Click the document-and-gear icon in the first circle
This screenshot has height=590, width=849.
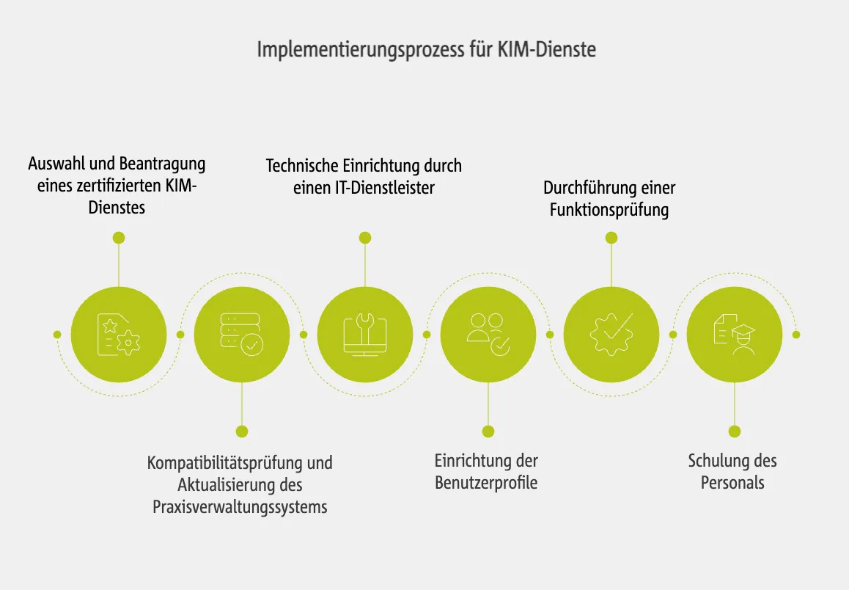(x=119, y=335)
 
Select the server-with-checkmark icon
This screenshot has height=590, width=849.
(x=242, y=335)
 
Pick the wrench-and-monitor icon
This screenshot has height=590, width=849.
(x=365, y=335)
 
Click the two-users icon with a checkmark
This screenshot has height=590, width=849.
(x=488, y=335)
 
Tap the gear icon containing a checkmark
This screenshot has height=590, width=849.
(x=611, y=335)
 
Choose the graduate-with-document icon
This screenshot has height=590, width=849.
(x=735, y=335)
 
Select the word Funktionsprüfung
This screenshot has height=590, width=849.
(x=609, y=210)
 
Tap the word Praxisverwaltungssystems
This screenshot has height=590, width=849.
(x=240, y=507)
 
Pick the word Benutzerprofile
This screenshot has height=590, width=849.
(x=486, y=483)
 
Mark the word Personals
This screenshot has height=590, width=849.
(x=732, y=483)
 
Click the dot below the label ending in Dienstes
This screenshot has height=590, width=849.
(x=119, y=238)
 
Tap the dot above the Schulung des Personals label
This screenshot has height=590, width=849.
(x=735, y=431)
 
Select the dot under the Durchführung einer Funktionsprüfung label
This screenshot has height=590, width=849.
(x=611, y=238)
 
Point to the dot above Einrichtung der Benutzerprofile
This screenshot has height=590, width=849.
(x=488, y=431)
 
